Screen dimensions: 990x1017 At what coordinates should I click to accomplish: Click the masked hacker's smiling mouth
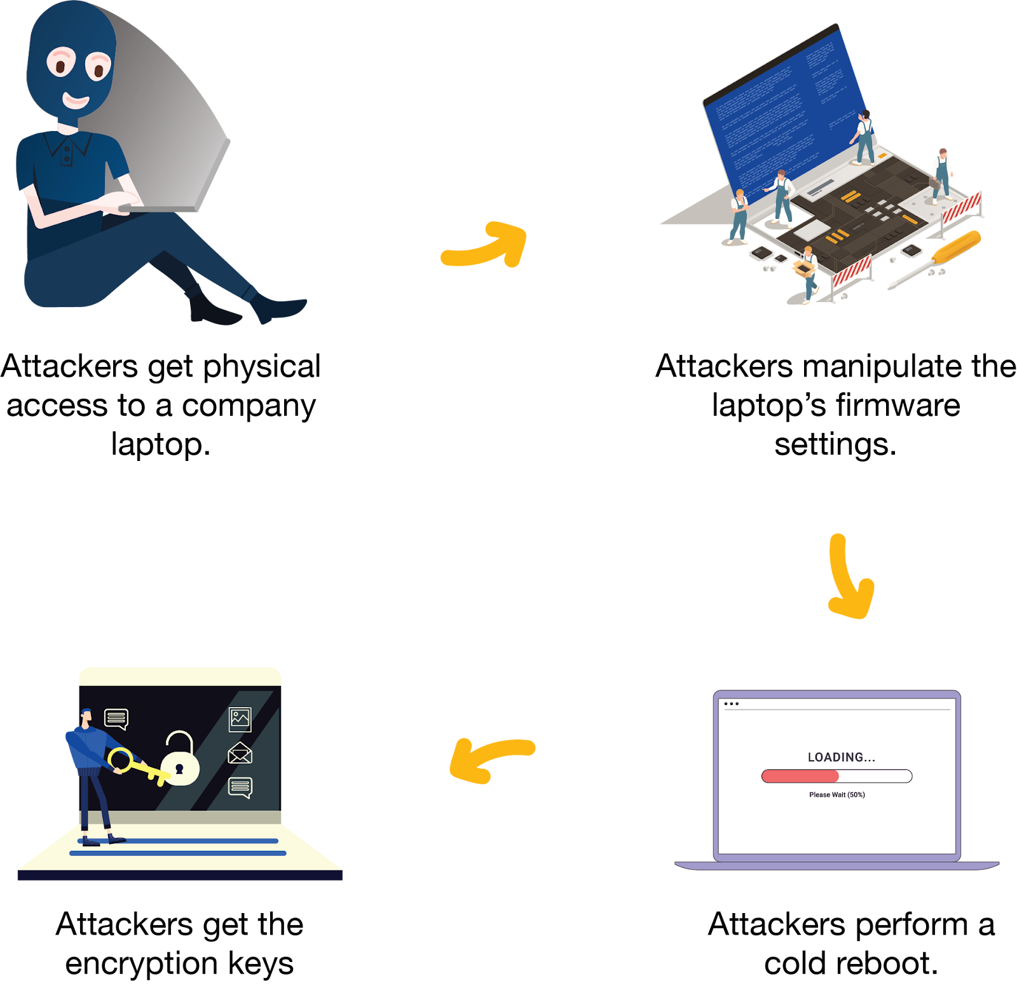pos(76,100)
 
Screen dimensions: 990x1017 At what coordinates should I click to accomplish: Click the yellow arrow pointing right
pos(486,245)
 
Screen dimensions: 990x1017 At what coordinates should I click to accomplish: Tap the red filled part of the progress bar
pos(800,776)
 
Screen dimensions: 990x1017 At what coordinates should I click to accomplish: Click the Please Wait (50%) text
pos(836,795)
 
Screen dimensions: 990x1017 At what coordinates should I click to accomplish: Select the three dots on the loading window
pos(731,704)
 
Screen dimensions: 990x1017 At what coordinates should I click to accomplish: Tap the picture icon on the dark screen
pos(240,719)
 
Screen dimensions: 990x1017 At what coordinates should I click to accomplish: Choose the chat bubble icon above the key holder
pos(116,718)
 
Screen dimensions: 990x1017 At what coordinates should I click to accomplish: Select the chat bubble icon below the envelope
pos(240,787)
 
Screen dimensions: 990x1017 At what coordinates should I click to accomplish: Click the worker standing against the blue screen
pos(864,137)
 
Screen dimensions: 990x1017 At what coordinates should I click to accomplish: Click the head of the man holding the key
pos(86,716)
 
